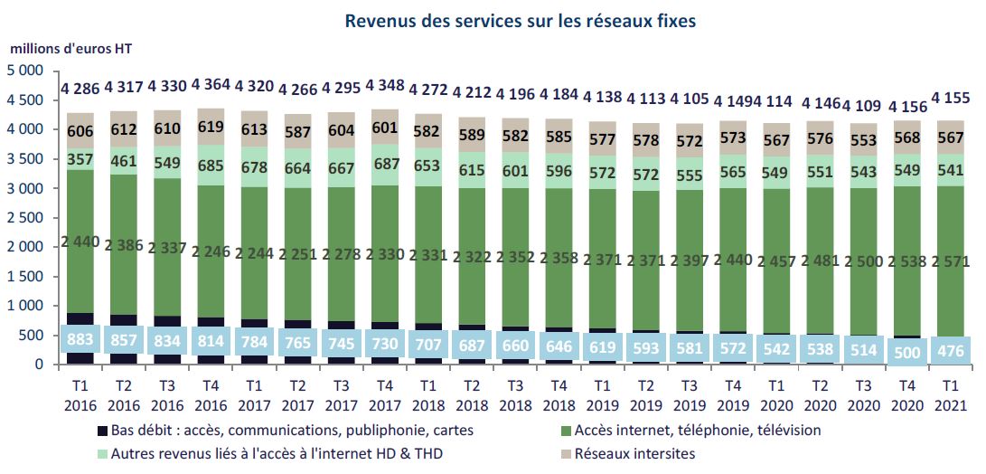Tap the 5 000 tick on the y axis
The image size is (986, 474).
25,71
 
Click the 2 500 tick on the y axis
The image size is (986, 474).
25,218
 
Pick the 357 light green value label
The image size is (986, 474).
80,159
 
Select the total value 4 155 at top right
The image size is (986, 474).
950,95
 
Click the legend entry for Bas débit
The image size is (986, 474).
295,431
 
